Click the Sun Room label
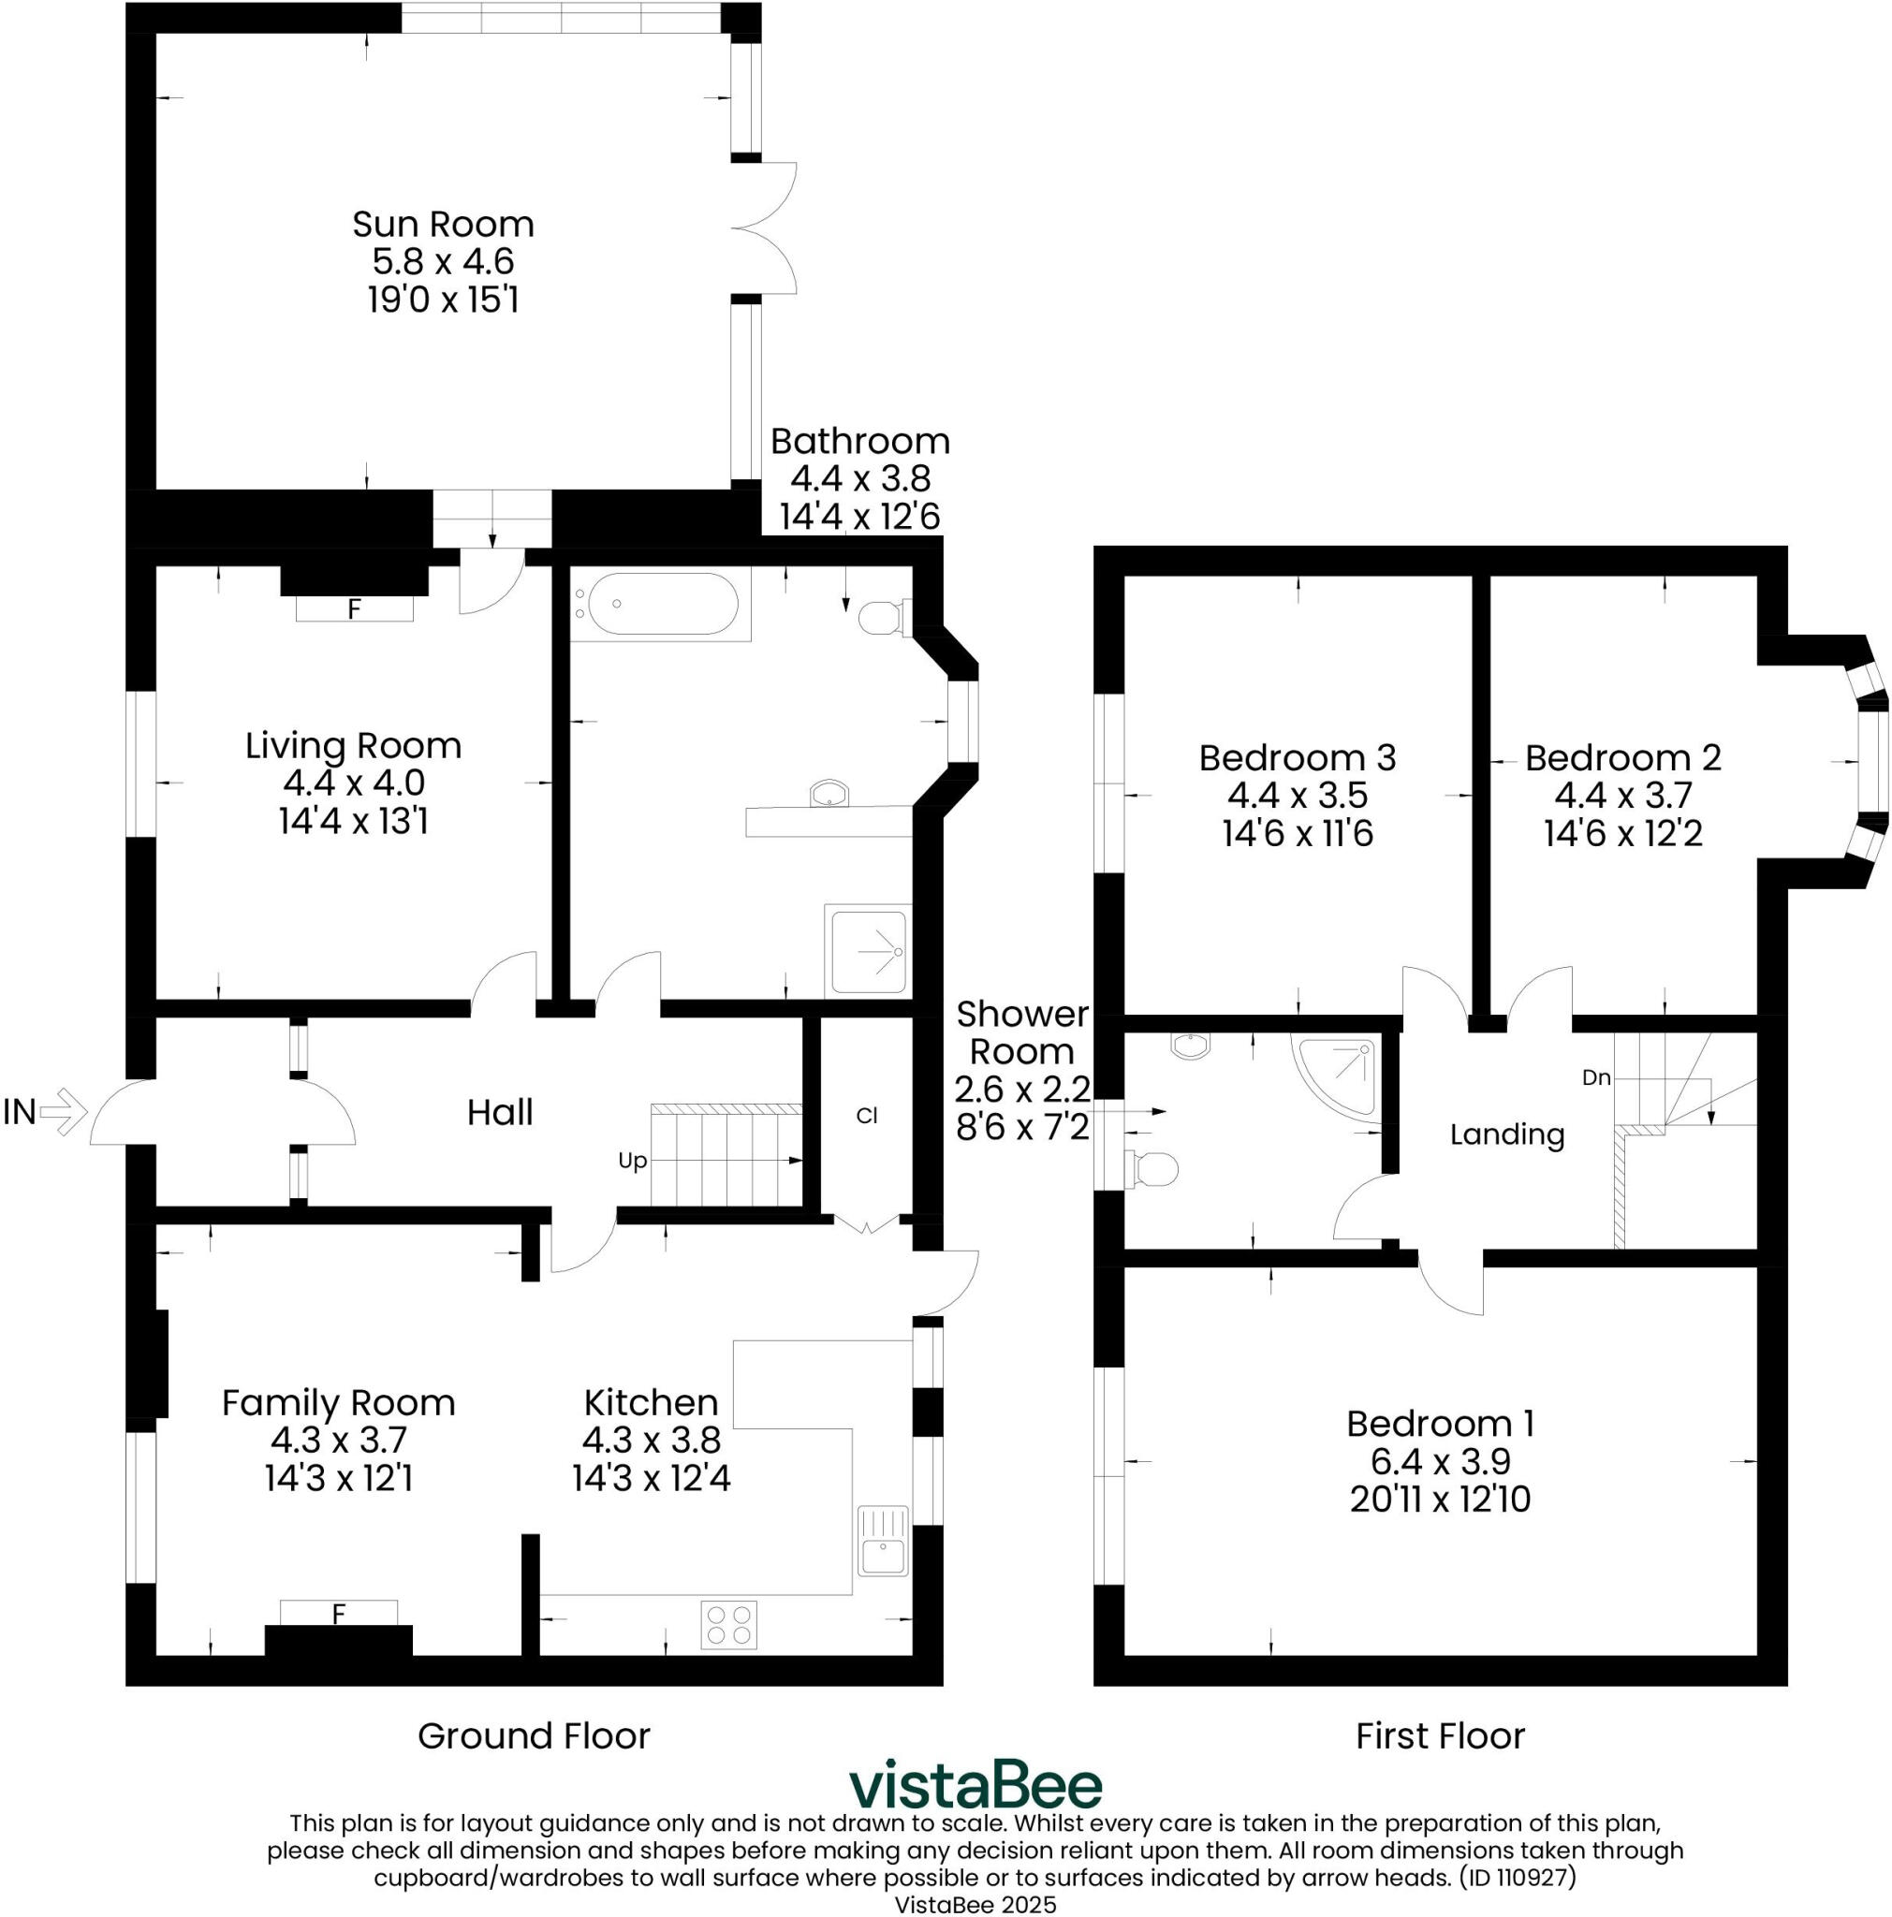tap(443, 225)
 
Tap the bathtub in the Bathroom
tap(662, 602)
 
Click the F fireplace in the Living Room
tap(354, 608)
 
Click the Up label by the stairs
tap(632, 1160)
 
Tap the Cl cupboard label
tap(866, 1115)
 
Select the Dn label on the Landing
tap(1595, 1077)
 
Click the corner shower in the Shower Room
tap(1343, 1072)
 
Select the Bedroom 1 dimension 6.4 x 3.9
tap(1440, 1461)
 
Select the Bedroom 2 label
tap(1622, 758)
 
